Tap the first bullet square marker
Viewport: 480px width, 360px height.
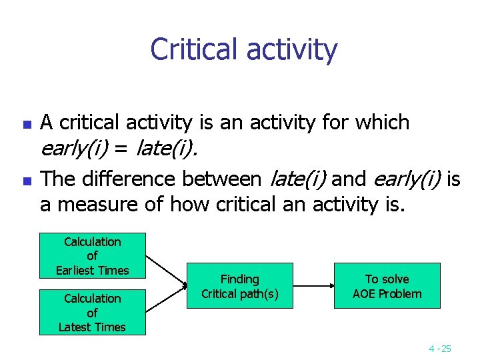pyautogui.click(x=26, y=124)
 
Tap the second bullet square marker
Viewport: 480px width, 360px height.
pyautogui.click(x=26, y=180)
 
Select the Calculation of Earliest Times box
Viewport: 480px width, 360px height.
pyautogui.click(x=92, y=255)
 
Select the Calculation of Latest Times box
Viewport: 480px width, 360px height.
pyautogui.click(x=92, y=312)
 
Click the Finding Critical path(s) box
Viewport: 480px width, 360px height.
pyautogui.click(x=239, y=286)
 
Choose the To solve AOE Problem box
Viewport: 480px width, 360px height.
pyautogui.click(x=387, y=286)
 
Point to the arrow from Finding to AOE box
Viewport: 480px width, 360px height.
pyautogui.click(x=313, y=286)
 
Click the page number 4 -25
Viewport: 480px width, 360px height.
pyautogui.click(x=440, y=348)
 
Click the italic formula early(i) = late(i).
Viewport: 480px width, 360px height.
pyautogui.click(x=119, y=149)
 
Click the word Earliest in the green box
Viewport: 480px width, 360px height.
pyautogui.click(x=83, y=270)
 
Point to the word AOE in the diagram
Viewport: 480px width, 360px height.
pyautogui.click(x=366, y=293)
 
